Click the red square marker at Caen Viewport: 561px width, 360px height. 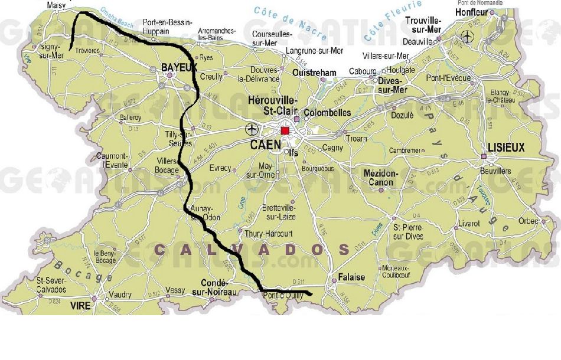click(x=285, y=130)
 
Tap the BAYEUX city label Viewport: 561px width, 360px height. click(x=179, y=68)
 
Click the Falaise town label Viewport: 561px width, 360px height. click(x=351, y=277)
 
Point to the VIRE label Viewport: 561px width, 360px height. click(x=80, y=306)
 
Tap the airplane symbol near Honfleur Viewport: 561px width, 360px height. click(x=469, y=38)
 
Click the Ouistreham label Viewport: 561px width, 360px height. click(x=315, y=73)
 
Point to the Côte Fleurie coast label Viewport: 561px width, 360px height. click(x=393, y=20)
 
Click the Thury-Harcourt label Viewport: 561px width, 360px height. click(x=268, y=234)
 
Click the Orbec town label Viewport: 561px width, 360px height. click(x=527, y=221)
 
